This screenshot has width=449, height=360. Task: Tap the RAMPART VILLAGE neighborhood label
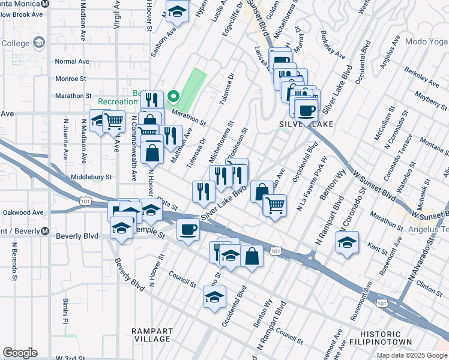coord(152,335)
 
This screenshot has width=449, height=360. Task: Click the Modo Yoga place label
coord(425,41)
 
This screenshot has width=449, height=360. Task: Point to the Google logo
coord(20,353)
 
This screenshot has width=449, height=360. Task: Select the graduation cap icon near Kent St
coord(347,242)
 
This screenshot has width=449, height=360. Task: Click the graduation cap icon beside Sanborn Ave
coord(177,11)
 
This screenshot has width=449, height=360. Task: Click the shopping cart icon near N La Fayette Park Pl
coord(275,205)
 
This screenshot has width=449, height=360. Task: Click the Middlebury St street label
coord(91,177)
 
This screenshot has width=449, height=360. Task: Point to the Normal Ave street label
coord(71,61)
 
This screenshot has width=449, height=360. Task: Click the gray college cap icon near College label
coord(39,43)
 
